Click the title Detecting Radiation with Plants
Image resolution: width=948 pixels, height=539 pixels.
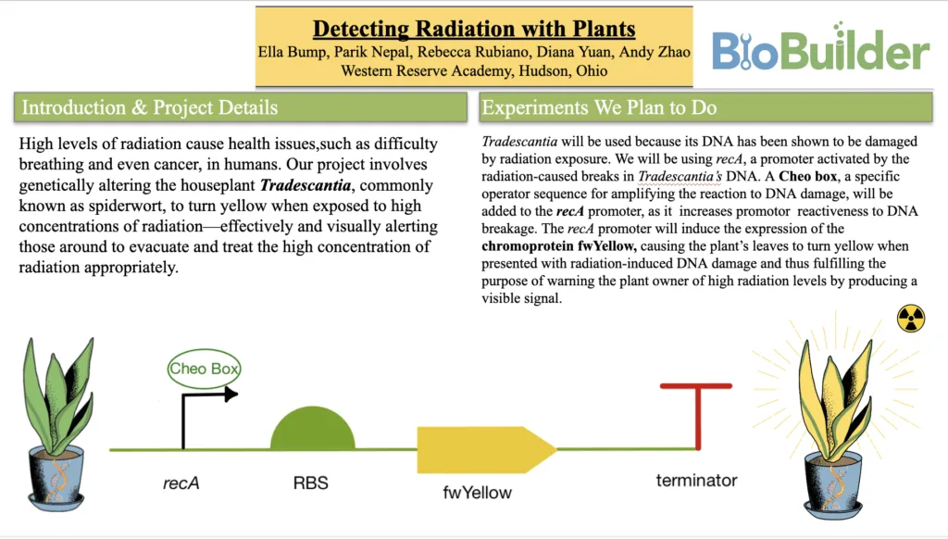[x=473, y=28]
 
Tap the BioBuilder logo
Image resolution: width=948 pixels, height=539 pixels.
[x=819, y=50]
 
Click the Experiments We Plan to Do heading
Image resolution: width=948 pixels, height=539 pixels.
[x=599, y=107]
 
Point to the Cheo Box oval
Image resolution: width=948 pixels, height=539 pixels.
[x=205, y=370]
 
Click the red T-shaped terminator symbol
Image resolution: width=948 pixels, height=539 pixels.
[x=697, y=411]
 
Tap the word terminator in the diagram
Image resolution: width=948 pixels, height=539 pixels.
[x=696, y=480]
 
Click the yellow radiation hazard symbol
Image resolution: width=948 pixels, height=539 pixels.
[x=911, y=320]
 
